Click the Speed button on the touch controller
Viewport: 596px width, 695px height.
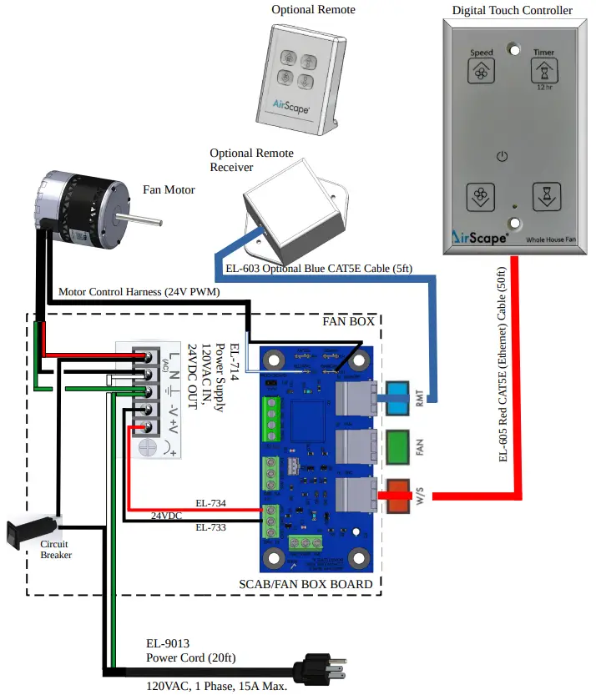point(481,72)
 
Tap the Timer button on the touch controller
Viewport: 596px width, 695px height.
point(543,72)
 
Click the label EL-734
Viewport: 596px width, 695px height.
point(210,503)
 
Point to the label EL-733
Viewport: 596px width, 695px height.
point(210,527)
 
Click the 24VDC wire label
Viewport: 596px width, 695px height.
point(166,516)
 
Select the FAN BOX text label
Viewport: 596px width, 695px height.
point(348,321)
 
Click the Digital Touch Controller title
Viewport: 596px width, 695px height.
point(513,10)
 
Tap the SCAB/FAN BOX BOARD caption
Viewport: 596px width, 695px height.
point(306,584)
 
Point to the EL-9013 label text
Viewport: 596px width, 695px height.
point(168,643)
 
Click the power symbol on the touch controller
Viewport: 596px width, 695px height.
point(502,156)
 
